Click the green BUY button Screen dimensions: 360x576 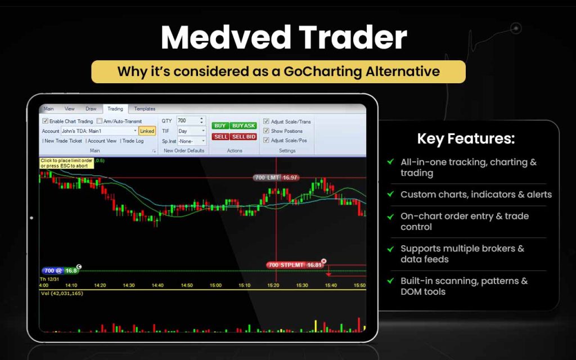220,125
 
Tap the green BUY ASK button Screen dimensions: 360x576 243,125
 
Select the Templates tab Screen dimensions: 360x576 145,109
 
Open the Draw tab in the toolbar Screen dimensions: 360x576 91,109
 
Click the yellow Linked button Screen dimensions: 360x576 147,131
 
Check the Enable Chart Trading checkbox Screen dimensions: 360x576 46,121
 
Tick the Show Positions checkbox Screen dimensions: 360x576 266,131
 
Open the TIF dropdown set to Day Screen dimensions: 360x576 191,131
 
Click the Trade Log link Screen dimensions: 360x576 133,141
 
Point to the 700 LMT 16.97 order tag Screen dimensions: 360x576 276,178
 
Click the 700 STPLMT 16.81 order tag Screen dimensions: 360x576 295,265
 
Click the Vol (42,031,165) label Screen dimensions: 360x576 62,294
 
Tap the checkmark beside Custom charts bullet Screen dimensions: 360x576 390,194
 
